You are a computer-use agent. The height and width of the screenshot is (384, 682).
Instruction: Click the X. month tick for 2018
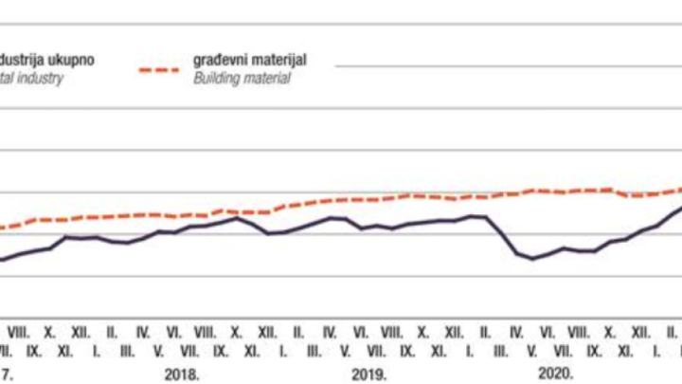click(x=236, y=333)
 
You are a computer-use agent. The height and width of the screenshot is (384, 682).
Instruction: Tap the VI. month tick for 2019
click(x=360, y=333)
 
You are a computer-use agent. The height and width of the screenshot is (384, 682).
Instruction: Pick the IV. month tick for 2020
click(x=516, y=333)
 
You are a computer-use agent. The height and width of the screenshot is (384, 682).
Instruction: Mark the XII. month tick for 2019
click(x=454, y=333)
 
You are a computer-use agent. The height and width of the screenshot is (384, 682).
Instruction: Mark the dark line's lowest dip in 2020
click(x=532, y=258)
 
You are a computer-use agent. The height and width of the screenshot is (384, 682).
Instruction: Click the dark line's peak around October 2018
click(x=236, y=218)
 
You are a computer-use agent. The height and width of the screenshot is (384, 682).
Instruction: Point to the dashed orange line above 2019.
click(x=369, y=199)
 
